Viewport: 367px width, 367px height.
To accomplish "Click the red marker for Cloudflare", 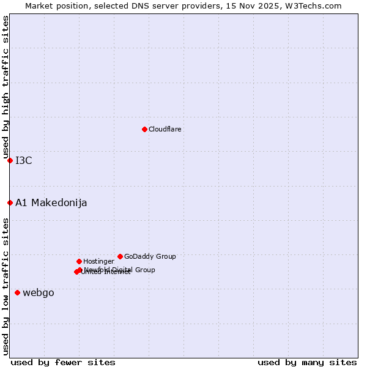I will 144,129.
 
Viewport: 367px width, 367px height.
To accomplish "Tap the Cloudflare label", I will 165,130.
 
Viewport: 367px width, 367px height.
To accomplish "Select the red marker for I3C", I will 10,160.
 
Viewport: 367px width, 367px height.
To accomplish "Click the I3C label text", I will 24,161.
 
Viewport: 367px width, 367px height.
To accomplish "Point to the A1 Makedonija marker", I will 10,202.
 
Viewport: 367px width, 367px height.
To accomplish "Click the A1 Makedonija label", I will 51,203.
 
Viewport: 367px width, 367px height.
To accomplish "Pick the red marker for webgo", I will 17,292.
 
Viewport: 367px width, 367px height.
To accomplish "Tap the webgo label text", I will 39,293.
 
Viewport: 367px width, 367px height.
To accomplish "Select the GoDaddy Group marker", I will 120,256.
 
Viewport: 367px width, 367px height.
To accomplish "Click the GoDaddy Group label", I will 150,257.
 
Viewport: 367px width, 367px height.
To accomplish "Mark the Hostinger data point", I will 79,261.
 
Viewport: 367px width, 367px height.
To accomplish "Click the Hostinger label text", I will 98,262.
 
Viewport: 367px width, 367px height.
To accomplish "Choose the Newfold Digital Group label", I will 120,270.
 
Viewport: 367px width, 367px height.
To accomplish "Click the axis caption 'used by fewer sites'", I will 63,362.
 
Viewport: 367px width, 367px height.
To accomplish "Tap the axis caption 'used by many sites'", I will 307,362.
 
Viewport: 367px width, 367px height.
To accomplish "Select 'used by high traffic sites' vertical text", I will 6,87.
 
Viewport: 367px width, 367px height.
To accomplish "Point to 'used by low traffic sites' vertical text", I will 6,286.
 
